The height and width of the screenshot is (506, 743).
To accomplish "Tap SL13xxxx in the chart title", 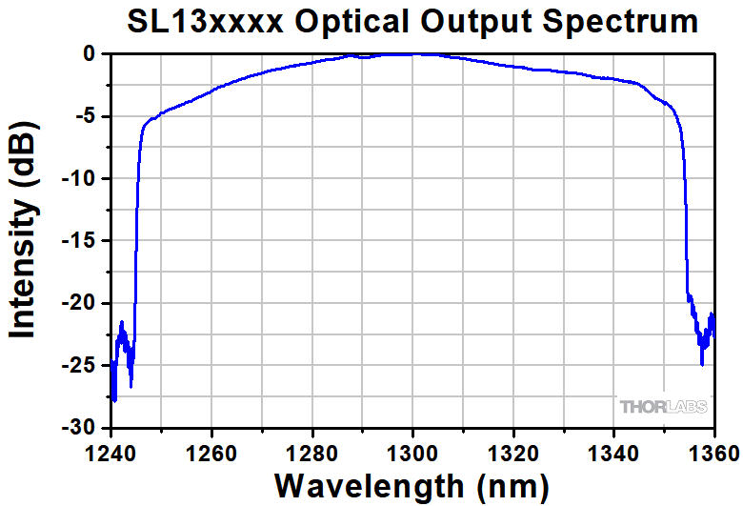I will [203, 21].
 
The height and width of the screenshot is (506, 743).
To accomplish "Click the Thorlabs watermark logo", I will [664, 407].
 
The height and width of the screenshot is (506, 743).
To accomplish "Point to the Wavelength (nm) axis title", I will [412, 485].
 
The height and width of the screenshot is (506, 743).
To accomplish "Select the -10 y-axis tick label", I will [78, 179].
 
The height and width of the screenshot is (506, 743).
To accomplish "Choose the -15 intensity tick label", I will [78, 241].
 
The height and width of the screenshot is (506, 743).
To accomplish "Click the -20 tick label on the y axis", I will [78, 303].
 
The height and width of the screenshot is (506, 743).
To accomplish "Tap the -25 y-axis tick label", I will [78, 366].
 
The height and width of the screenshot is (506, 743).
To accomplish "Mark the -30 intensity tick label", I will [78, 428].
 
